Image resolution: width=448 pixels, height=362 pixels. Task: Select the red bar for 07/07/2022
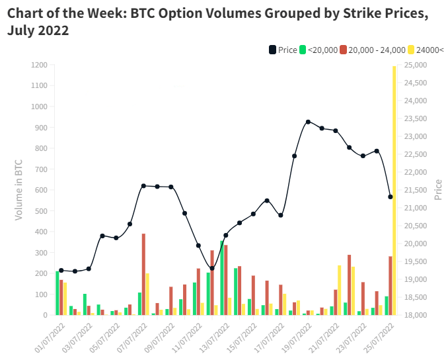click(143, 274)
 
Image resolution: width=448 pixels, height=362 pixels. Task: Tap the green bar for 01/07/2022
click(57, 293)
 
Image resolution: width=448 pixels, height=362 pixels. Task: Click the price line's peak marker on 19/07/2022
click(308, 122)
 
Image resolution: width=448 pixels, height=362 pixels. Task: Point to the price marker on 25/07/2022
click(391, 197)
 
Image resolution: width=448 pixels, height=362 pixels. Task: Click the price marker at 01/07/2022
click(61, 270)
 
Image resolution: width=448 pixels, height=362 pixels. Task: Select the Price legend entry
click(282, 50)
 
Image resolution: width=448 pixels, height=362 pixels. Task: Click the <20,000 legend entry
click(319, 50)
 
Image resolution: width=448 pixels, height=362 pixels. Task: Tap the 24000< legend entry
click(425, 50)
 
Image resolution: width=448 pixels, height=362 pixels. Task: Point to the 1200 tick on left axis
click(39, 65)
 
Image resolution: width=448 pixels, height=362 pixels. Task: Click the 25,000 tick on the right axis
click(415, 65)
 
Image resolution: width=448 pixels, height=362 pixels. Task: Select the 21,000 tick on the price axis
click(415, 208)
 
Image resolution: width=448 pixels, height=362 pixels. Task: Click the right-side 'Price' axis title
click(438, 189)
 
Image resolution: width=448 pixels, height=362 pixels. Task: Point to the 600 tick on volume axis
click(42, 190)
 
